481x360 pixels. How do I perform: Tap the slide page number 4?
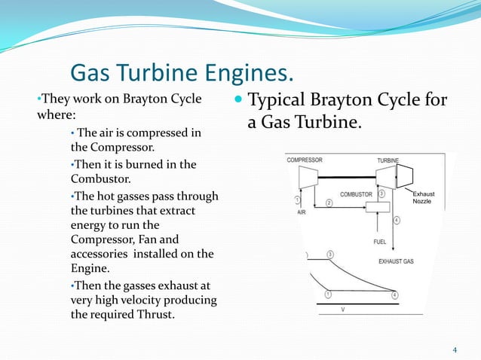(x=455, y=350)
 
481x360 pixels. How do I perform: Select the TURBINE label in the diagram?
(x=388, y=160)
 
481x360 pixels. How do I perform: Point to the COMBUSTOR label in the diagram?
(x=356, y=194)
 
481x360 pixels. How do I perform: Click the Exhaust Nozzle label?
(x=423, y=198)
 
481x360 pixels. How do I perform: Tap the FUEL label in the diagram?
(x=380, y=242)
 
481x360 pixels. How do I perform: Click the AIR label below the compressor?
(x=302, y=212)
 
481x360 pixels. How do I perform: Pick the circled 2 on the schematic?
(x=330, y=203)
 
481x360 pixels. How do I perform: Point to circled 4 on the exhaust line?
(x=397, y=220)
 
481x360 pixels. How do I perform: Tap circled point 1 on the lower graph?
(x=328, y=294)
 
